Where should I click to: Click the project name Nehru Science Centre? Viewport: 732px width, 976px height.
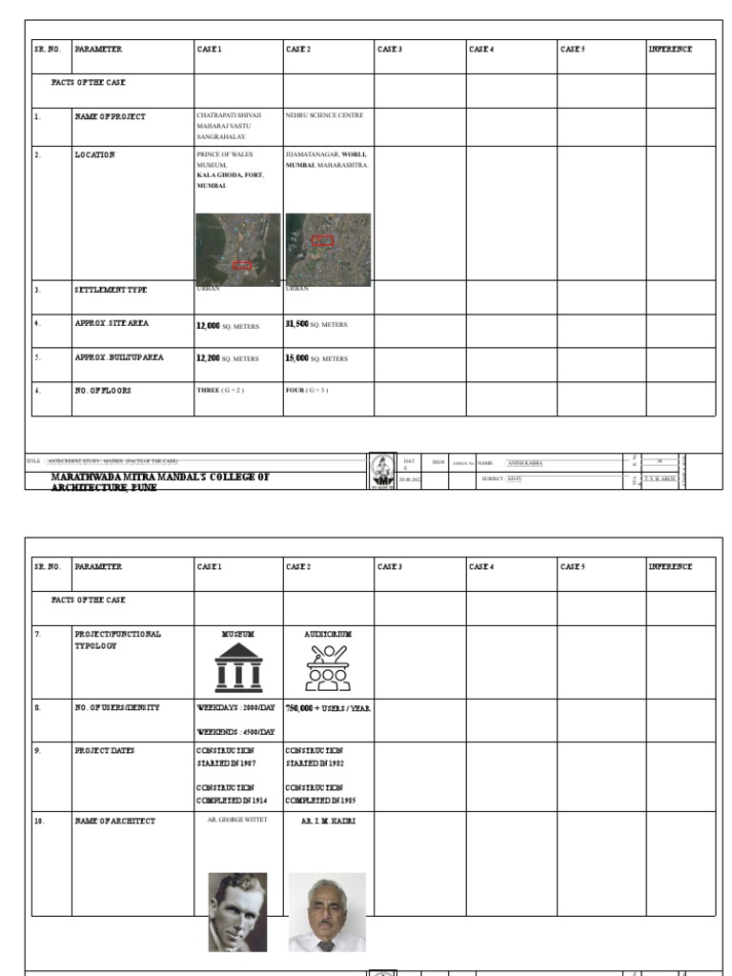[x=324, y=115]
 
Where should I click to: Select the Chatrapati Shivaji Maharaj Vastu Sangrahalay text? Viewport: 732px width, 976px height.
[x=228, y=126]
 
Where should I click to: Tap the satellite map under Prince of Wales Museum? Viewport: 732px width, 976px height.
[x=238, y=249]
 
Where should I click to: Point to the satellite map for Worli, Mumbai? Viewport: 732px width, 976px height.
[x=328, y=249]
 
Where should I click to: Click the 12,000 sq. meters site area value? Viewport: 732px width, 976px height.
[x=227, y=326]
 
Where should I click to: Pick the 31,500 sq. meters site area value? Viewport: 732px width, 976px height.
[x=315, y=325]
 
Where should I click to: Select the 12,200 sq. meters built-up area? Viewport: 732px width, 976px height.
[x=227, y=359]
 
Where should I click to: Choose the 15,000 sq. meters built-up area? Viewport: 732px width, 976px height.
[x=315, y=359]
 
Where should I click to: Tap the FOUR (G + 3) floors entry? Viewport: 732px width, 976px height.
[x=307, y=391]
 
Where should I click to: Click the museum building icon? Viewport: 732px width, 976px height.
[x=237, y=666]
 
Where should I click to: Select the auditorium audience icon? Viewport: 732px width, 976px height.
[x=327, y=667]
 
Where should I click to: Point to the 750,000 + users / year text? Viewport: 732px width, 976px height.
[x=328, y=709]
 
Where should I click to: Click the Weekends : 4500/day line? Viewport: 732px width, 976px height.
[x=235, y=732]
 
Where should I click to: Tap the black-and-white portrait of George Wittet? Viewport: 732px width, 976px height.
[x=237, y=912]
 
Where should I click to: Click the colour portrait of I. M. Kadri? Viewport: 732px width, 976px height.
[x=327, y=912]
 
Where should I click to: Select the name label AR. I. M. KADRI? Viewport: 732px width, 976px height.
[x=328, y=821]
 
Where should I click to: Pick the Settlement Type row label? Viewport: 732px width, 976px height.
[x=111, y=290]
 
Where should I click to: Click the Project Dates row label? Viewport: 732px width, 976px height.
[x=104, y=751]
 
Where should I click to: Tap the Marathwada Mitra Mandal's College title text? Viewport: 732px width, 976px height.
[x=160, y=481]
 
